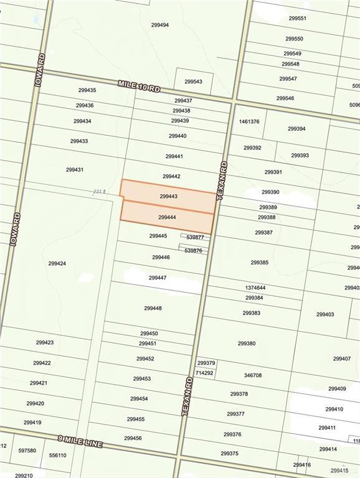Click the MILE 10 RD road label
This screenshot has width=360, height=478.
(139, 86)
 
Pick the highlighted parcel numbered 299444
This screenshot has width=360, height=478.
(167, 218)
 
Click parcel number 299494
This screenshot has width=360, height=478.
(160, 25)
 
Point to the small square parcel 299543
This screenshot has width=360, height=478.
(193, 82)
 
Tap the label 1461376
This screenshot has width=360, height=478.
(249, 122)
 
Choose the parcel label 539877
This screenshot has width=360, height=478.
(196, 237)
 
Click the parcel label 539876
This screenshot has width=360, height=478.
(194, 250)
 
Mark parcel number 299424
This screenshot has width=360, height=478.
(57, 263)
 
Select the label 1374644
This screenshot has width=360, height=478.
(255, 288)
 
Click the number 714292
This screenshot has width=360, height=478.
(204, 373)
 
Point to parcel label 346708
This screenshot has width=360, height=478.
(253, 375)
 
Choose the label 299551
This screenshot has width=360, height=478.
(296, 19)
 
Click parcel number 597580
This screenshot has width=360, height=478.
(27, 451)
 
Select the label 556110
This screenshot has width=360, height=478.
(57, 455)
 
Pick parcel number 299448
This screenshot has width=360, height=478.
(153, 308)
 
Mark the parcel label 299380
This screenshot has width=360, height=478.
(247, 343)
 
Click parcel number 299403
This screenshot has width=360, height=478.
(325, 314)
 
